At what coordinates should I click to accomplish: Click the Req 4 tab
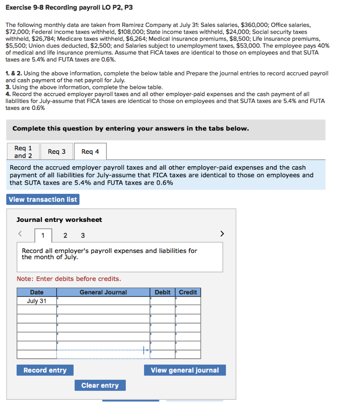pyautogui.click(x=90, y=152)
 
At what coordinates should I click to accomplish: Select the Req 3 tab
pyautogui.click(x=57, y=152)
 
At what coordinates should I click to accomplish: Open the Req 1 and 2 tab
pyautogui.click(x=23, y=152)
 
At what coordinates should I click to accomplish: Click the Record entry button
pyautogui.click(x=45, y=370)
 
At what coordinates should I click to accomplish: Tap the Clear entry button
pyautogui.click(x=100, y=385)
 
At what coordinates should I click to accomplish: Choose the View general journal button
pyautogui.click(x=185, y=370)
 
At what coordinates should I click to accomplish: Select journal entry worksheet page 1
pyautogui.click(x=43, y=236)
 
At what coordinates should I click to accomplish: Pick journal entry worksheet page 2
pyautogui.click(x=66, y=236)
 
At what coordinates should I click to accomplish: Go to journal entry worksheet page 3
pyautogui.click(x=83, y=236)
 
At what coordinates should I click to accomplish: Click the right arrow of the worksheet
pyautogui.click(x=222, y=234)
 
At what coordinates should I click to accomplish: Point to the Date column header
pyautogui.click(x=37, y=292)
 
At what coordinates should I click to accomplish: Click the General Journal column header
pyautogui.click(x=103, y=292)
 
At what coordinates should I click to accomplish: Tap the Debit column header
pyautogui.click(x=162, y=292)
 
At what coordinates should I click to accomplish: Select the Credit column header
pyautogui.click(x=188, y=292)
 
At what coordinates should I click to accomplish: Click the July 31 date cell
pyautogui.click(x=37, y=301)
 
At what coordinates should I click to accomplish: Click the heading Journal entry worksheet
pyautogui.click(x=59, y=220)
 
